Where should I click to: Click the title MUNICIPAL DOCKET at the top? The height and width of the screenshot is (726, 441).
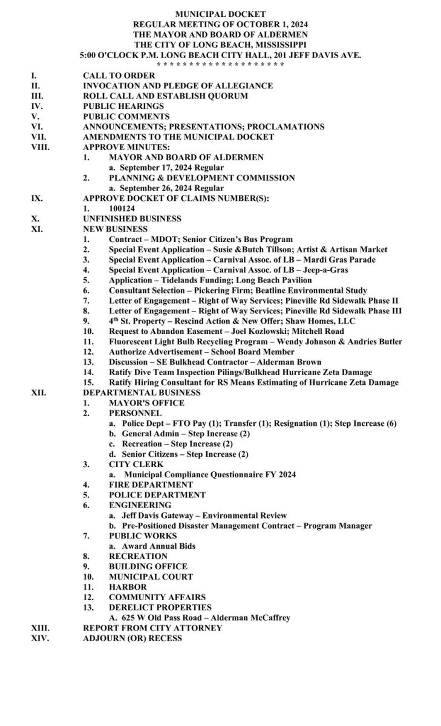click(x=220, y=13)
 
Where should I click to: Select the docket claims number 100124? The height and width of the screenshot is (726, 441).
click(x=122, y=208)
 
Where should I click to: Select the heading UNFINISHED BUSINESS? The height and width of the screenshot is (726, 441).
click(x=132, y=218)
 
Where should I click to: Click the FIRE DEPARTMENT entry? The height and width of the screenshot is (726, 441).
click(x=151, y=485)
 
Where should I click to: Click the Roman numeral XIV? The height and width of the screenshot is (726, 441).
click(x=40, y=638)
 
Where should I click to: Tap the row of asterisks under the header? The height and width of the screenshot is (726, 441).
click(x=220, y=65)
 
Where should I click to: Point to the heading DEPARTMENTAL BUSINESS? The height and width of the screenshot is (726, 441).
click(x=142, y=393)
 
